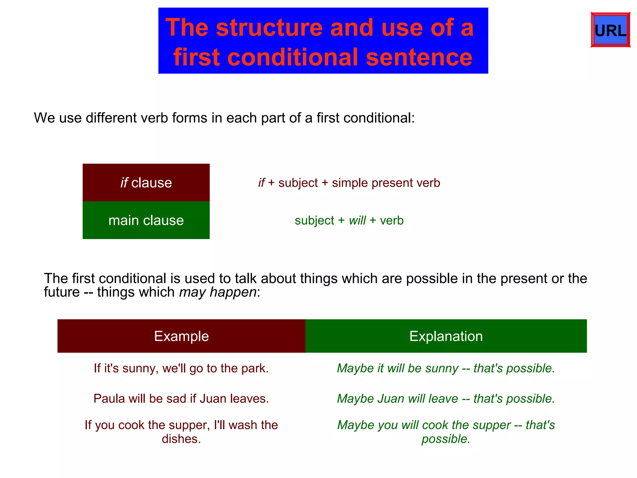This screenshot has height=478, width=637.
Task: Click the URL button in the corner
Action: pyautogui.click(x=610, y=30)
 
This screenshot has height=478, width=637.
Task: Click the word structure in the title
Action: pyautogui.click(x=269, y=28)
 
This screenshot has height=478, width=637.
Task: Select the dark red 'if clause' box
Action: pyautogui.click(x=146, y=183)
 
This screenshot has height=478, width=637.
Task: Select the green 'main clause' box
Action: pyautogui.click(x=146, y=220)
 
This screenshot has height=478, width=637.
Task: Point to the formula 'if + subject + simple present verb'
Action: pyautogui.click(x=349, y=183)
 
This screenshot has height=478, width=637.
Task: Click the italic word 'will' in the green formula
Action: pyautogui.click(x=357, y=221)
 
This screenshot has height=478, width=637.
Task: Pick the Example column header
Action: pyautogui.click(x=181, y=336)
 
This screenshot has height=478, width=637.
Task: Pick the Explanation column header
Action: pyautogui.click(x=446, y=336)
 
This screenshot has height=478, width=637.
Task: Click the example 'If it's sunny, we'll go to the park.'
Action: pyautogui.click(x=181, y=368)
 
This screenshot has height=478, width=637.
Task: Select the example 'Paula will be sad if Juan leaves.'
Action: pyautogui.click(x=181, y=399)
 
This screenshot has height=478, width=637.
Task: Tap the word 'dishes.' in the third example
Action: pyautogui.click(x=181, y=439)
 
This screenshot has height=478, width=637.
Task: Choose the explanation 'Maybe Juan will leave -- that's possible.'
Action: pyautogui.click(x=446, y=399)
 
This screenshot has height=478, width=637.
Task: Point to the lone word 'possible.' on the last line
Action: pyautogui.click(x=446, y=439)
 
